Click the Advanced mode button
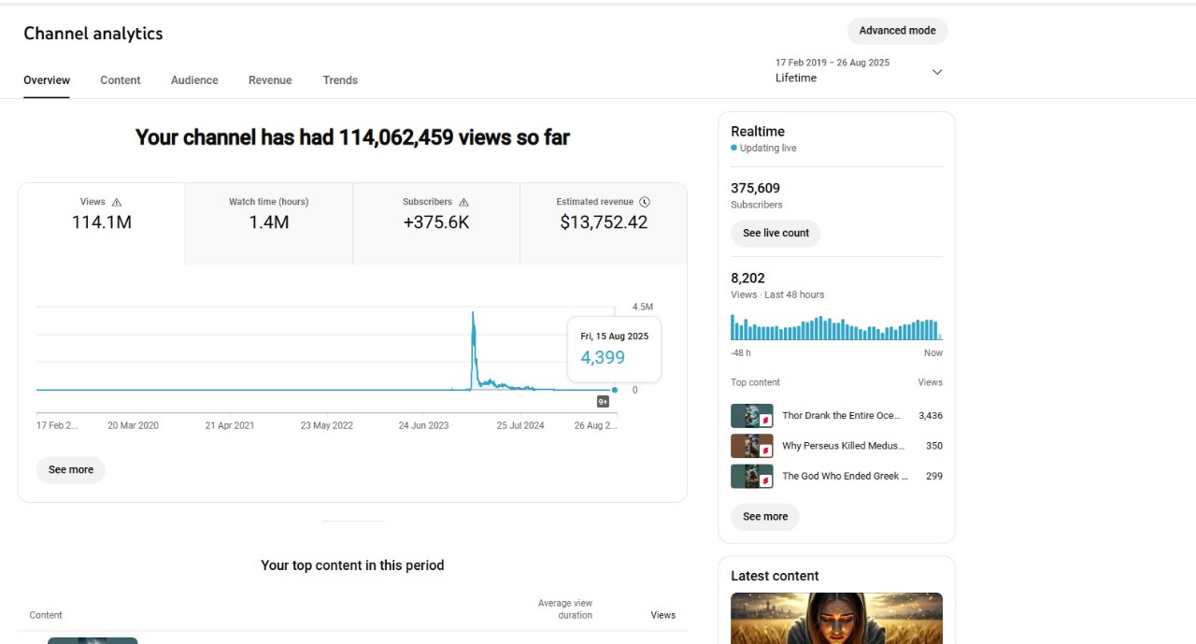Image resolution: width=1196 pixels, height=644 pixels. [x=897, y=31]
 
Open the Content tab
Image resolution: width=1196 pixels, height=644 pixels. [x=121, y=80]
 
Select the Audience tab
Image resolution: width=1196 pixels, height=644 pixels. [x=194, y=80]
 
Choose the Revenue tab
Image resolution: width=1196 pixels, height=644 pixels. [x=270, y=80]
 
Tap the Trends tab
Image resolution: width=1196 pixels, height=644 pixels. [x=340, y=80]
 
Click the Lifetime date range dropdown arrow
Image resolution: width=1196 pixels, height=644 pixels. [x=937, y=72]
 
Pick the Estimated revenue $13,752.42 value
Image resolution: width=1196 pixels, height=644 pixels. [x=604, y=222]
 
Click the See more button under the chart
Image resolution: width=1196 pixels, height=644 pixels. [x=71, y=470]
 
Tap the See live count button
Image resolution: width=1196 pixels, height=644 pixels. [x=776, y=233]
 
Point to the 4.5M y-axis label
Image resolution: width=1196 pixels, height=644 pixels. [x=642, y=308]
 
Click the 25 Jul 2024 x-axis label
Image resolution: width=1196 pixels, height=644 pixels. [x=520, y=425]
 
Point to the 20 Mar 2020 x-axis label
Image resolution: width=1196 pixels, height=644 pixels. [x=133, y=425]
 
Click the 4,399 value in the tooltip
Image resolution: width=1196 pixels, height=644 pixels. [x=603, y=357]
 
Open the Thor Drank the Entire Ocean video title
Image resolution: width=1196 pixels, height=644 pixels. [x=841, y=416]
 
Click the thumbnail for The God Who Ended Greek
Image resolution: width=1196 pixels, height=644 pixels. [x=751, y=476]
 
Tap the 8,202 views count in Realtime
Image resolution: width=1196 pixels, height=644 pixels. [x=747, y=278]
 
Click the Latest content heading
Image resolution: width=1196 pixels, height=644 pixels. [x=775, y=576]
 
